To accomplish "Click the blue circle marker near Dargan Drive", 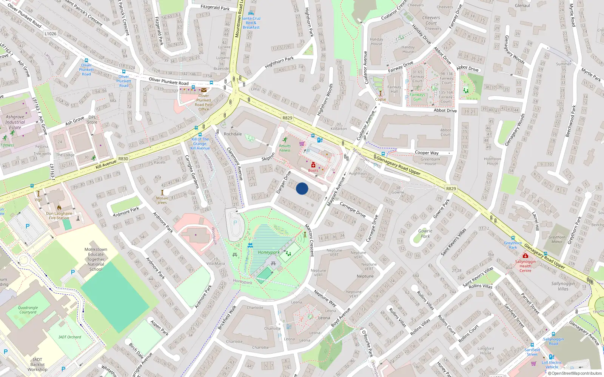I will pyautogui.click(x=302, y=188).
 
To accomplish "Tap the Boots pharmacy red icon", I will pyautogui.click(x=313, y=165).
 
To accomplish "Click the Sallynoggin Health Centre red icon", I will pyautogui.click(x=525, y=256).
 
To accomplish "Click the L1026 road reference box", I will pyautogui.click(x=50, y=34).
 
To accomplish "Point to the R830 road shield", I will pyautogui.click(x=123, y=159).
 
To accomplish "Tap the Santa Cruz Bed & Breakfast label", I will pyautogui.click(x=251, y=23).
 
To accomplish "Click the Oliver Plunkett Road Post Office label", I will pyautogui.click(x=203, y=103).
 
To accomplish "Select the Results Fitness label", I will pyautogui.click(x=285, y=148).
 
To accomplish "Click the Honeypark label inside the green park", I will pyautogui.click(x=269, y=253).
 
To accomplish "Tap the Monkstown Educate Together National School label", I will pyautogui.click(x=96, y=259).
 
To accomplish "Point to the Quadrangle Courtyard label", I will pyautogui.click(x=28, y=310).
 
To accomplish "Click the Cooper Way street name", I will pyautogui.click(x=427, y=153).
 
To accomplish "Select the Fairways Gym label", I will pyautogui.click(x=417, y=97).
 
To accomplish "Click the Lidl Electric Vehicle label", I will pyautogui.click(x=552, y=365).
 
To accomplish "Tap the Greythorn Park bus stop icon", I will pyautogui.click(x=513, y=238).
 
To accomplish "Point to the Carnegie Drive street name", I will pyautogui.click(x=353, y=210).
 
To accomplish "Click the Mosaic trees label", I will pyautogui.click(x=162, y=200).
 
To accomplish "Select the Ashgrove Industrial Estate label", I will pyautogui.click(x=15, y=122).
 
